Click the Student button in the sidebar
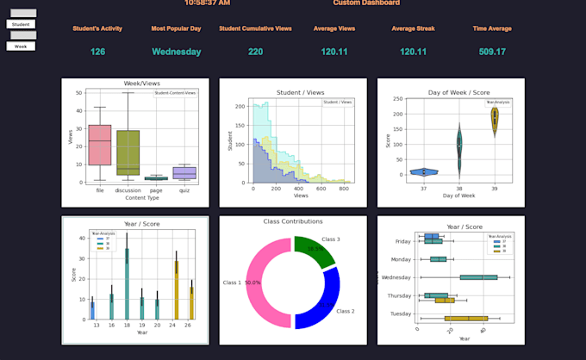click(21, 24)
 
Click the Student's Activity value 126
click(97, 52)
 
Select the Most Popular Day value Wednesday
click(176, 52)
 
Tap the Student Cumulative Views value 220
click(255, 52)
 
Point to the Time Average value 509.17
click(492, 52)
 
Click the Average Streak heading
click(414, 28)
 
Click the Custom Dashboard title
click(366, 3)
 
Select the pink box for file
click(100, 145)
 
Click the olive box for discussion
click(128, 152)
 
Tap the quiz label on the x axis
click(184, 191)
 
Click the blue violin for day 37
click(424, 171)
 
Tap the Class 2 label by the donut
click(345, 311)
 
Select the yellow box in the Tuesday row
click(465, 319)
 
